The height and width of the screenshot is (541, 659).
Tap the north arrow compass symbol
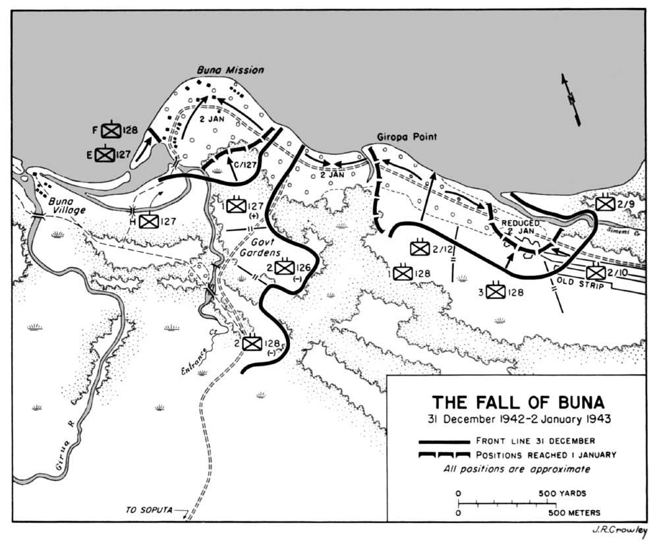[x=571, y=100]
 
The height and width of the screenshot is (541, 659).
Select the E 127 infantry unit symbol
[x=105, y=155]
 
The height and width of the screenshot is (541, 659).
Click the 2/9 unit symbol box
[x=605, y=204]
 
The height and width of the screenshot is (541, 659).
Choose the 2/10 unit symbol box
[x=595, y=271]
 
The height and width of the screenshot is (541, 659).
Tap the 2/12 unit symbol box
[x=420, y=248]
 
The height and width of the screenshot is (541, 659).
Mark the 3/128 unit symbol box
[x=495, y=291]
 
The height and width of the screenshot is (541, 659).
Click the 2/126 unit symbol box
[x=284, y=268]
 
